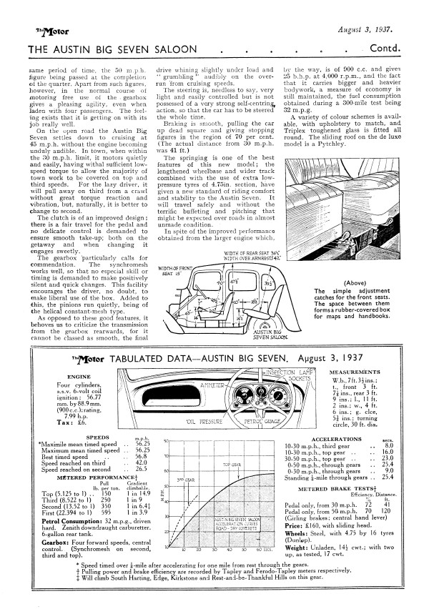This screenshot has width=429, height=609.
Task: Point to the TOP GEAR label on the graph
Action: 231,464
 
